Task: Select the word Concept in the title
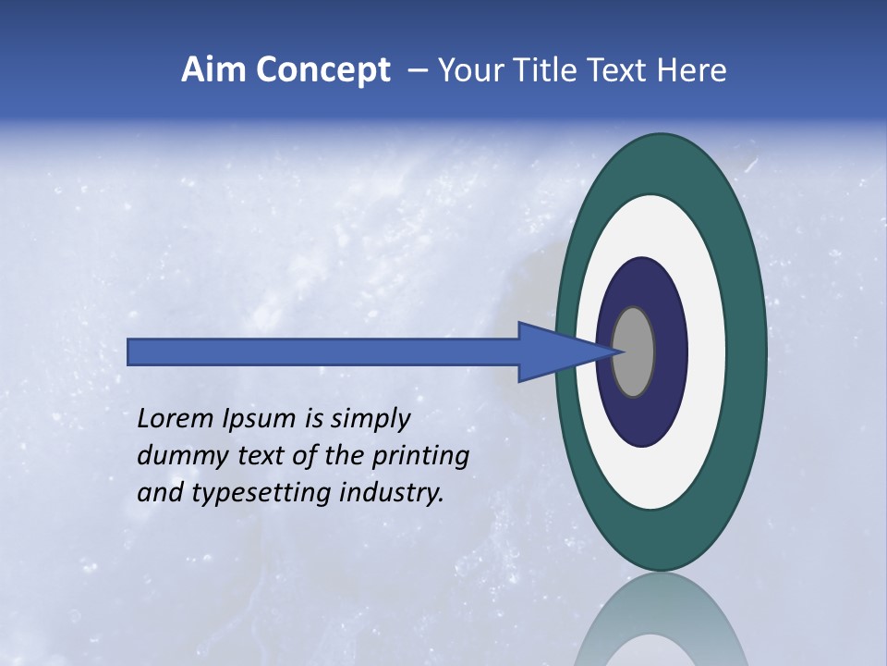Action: [x=322, y=70]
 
